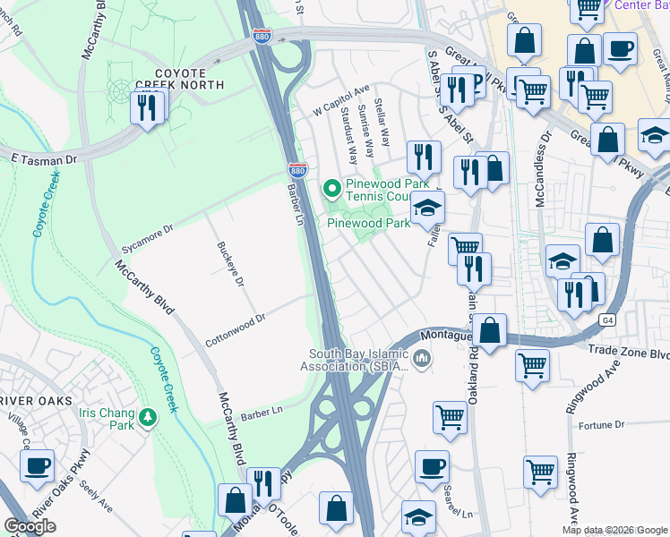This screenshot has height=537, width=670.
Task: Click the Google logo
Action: [x=30, y=526]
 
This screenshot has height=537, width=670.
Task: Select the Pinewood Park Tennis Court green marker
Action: [x=331, y=188]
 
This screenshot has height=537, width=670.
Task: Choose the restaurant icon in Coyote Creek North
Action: [x=145, y=108]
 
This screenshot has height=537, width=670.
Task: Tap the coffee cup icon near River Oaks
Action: [x=38, y=466]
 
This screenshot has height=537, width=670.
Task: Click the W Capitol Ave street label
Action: [x=341, y=110]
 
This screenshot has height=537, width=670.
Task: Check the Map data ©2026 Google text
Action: [x=614, y=530]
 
